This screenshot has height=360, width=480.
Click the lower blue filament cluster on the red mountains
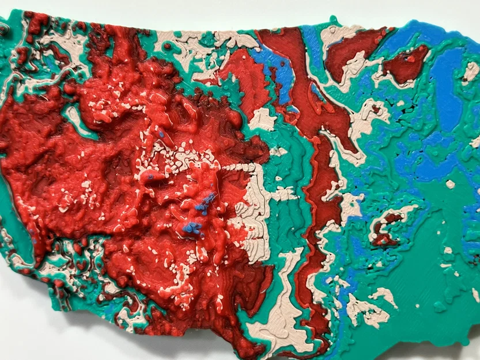pyautogui.click(x=192, y=228)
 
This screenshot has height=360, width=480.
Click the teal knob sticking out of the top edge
pyautogui.click(x=332, y=22)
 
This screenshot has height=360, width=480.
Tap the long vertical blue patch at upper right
pyautogui.click(x=447, y=86)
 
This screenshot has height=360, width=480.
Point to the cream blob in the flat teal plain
pyautogui.click(x=450, y=184)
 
